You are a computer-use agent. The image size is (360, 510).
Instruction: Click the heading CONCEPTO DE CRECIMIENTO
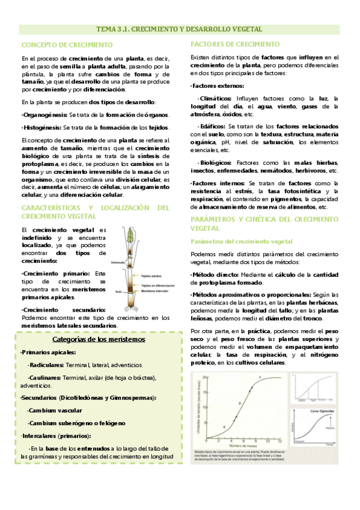tap(67, 45)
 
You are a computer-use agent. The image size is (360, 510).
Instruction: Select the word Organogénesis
tap(44, 114)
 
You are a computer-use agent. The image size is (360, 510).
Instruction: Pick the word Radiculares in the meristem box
tap(46, 364)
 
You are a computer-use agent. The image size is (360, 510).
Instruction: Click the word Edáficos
tap(211, 126)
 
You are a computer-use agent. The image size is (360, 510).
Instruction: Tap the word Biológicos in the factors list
tap(215, 162)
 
